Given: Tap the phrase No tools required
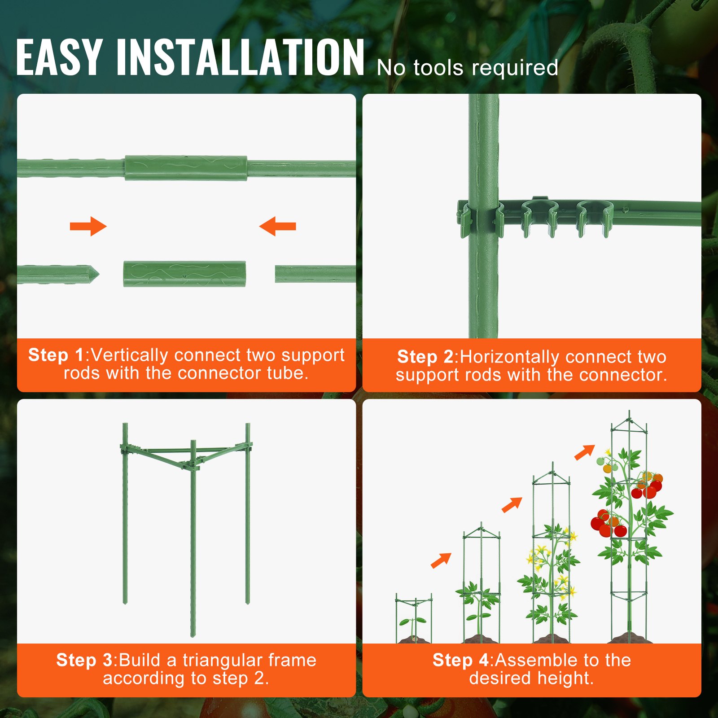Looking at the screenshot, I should pyautogui.click(x=467, y=68).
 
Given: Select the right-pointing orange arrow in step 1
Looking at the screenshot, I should pyautogui.click(x=88, y=226).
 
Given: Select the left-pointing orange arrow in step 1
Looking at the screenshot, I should pyautogui.click(x=278, y=226).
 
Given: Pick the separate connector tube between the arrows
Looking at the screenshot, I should pyautogui.click(x=184, y=274).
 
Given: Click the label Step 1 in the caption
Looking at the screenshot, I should pyautogui.click(x=56, y=355).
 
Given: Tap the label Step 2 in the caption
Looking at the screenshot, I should pyautogui.click(x=425, y=357).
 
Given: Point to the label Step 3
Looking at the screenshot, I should pyautogui.click(x=84, y=660).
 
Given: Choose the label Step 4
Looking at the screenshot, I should pyautogui.click(x=460, y=660).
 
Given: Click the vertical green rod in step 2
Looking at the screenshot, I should pyautogui.click(x=483, y=283).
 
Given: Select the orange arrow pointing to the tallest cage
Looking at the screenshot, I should pyautogui.click(x=584, y=452).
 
